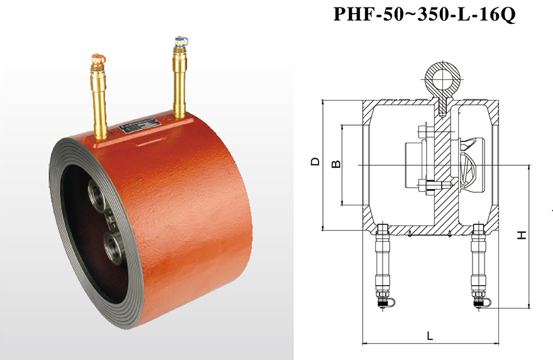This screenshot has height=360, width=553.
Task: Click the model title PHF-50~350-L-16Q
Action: [424, 14]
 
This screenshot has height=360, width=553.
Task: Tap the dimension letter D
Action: [315, 161]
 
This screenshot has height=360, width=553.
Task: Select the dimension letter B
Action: [337, 164]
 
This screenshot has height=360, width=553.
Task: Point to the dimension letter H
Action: [522, 235]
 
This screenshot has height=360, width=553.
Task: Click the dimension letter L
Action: [430, 335]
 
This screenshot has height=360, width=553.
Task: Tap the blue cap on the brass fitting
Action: [181, 41]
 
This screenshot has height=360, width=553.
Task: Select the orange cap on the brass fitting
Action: [98, 58]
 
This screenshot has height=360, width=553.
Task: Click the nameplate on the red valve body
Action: [140, 125]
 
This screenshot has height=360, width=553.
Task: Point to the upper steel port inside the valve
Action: [96, 194]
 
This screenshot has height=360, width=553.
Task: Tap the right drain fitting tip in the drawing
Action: [481, 303]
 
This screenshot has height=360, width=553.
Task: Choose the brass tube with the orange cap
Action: [99, 97]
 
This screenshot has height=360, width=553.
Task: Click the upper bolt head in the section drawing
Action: [423, 132]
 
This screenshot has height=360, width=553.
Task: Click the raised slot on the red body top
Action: [151, 141]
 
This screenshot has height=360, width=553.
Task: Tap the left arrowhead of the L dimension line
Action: [364, 342]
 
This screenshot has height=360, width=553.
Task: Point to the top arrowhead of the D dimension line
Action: [323, 103]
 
